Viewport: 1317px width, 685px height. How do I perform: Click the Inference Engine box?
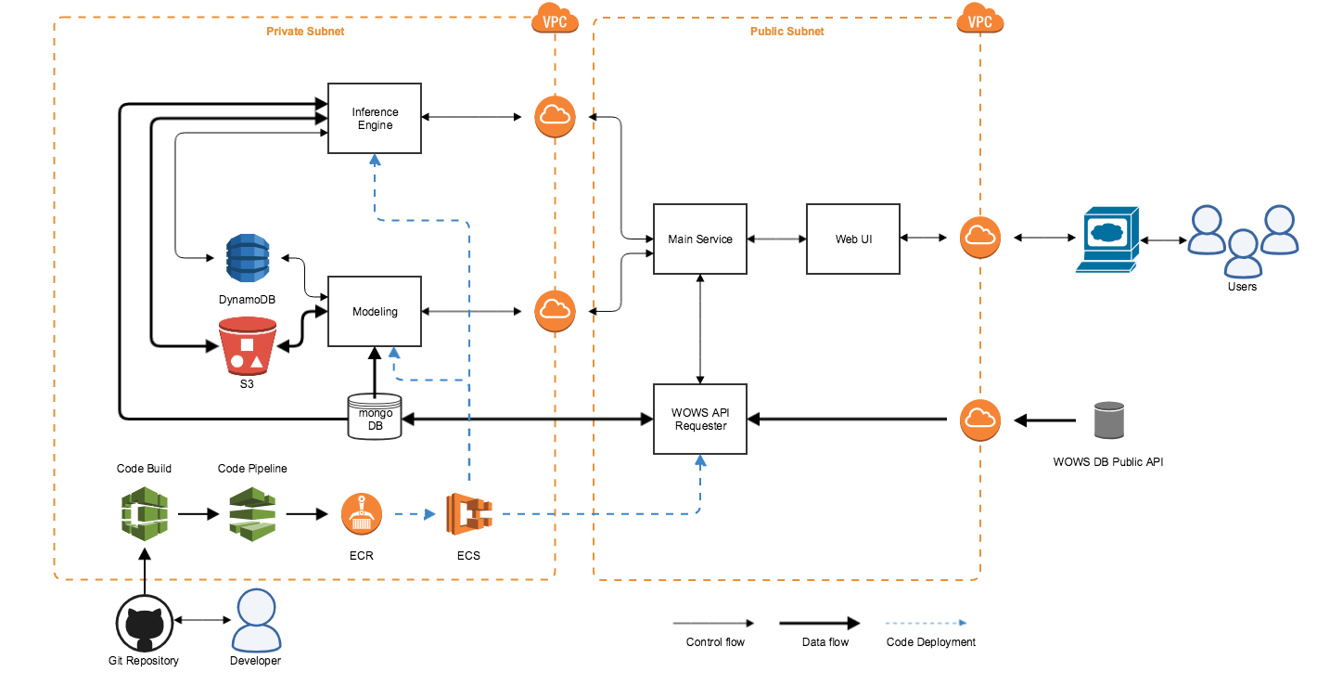point(375,119)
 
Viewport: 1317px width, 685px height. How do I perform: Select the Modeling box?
point(375,311)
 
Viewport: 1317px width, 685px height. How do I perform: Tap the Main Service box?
point(700,239)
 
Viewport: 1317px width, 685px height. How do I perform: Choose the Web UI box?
point(853,239)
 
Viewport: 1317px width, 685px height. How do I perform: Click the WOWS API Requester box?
point(700,419)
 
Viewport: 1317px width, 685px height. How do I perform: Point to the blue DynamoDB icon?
point(247,258)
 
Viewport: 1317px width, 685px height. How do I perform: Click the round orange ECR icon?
point(362,513)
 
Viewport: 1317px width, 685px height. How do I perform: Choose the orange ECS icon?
point(467,513)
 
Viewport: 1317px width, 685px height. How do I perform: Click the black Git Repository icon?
point(144,624)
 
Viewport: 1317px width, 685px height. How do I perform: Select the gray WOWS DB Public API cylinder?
point(1108,420)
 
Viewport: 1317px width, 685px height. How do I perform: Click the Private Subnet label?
point(305,32)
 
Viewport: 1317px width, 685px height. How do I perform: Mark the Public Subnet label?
point(786,32)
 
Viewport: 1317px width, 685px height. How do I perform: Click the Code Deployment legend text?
point(931,642)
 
